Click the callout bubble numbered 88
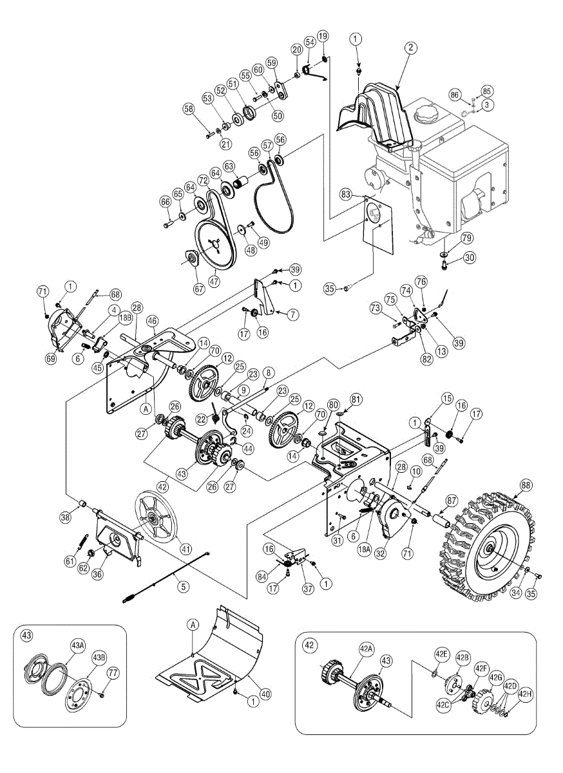click(x=526, y=485)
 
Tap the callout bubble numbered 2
click(x=411, y=47)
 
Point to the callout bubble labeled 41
click(x=186, y=549)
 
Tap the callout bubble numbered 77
click(x=113, y=674)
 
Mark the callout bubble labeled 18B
click(x=124, y=318)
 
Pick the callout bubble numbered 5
click(x=184, y=586)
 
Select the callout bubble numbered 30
click(x=469, y=257)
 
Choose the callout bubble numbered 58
click(x=189, y=110)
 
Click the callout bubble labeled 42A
click(x=366, y=649)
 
